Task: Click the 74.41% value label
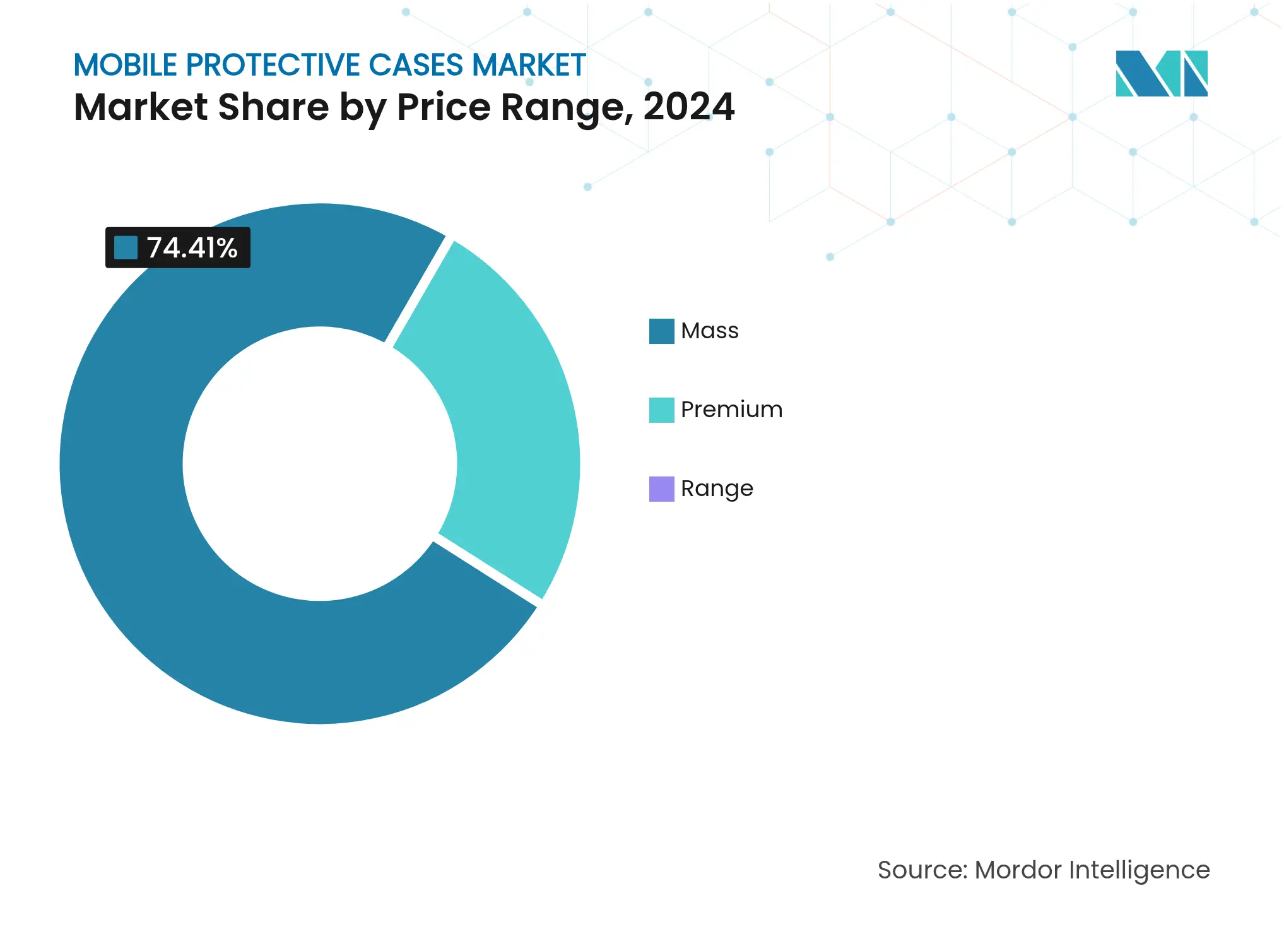[x=192, y=248]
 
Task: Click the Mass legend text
[x=709, y=331]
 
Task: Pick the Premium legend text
[x=731, y=410]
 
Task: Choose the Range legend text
[x=717, y=488]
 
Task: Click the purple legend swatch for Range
[x=661, y=489]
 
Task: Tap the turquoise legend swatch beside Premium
[x=661, y=410]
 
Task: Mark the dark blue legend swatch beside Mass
[x=661, y=331]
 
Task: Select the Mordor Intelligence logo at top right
[x=1161, y=73]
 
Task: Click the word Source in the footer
[x=920, y=870]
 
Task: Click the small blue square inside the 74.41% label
[x=126, y=248]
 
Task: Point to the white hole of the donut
[x=320, y=464]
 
